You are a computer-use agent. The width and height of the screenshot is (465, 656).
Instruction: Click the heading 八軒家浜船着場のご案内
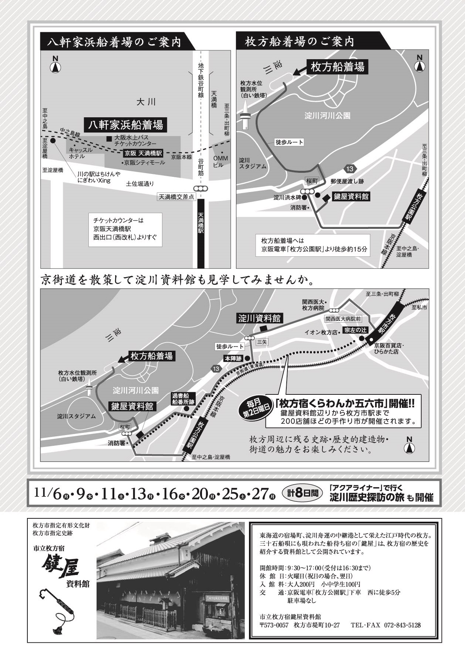(115, 42)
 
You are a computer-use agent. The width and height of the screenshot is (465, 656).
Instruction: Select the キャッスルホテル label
(79, 153)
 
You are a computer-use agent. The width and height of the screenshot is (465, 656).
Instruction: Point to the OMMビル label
(221, 162)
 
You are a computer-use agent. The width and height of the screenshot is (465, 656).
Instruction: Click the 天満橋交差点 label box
(176, 197)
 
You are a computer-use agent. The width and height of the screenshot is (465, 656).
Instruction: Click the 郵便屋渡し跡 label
(347, 181)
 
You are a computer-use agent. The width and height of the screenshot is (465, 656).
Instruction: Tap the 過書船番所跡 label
(182, 399)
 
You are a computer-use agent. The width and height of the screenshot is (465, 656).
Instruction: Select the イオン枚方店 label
(321, 332)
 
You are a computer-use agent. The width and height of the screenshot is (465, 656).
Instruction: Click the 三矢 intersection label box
(262, 342)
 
